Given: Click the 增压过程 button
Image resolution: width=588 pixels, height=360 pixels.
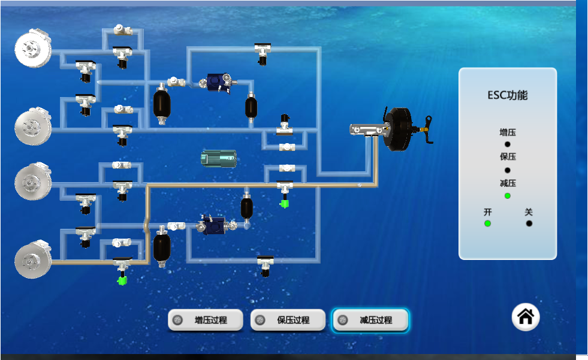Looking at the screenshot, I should [206, 320].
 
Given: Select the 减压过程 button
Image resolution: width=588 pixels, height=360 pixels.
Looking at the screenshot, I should [370, 320].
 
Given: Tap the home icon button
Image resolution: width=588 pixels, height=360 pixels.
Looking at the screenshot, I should [526, 316].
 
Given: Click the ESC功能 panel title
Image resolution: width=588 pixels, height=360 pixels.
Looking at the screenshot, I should [507, 95].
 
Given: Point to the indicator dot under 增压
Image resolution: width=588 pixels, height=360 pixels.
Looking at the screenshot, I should [507, 144].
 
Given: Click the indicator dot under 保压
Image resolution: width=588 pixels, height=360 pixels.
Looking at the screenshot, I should [507, 170].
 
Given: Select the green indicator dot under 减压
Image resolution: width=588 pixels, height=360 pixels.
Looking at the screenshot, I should [507, 196].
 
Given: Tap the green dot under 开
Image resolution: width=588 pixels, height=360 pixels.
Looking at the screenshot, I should [487, 223].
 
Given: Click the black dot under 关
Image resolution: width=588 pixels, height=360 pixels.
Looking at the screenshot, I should [529, 223].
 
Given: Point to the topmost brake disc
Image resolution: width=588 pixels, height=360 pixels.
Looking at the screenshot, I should [32, 48].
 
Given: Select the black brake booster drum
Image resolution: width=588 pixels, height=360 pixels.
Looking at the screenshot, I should [398, 130].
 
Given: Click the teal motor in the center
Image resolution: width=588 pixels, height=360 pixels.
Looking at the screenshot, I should [219, 158].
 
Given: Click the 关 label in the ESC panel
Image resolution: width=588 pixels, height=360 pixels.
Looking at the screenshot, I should [529, 212].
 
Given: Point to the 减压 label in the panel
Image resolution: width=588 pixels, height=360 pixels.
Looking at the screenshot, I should [507, 183].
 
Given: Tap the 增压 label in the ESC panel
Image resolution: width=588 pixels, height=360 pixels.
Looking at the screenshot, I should [507, 132].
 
